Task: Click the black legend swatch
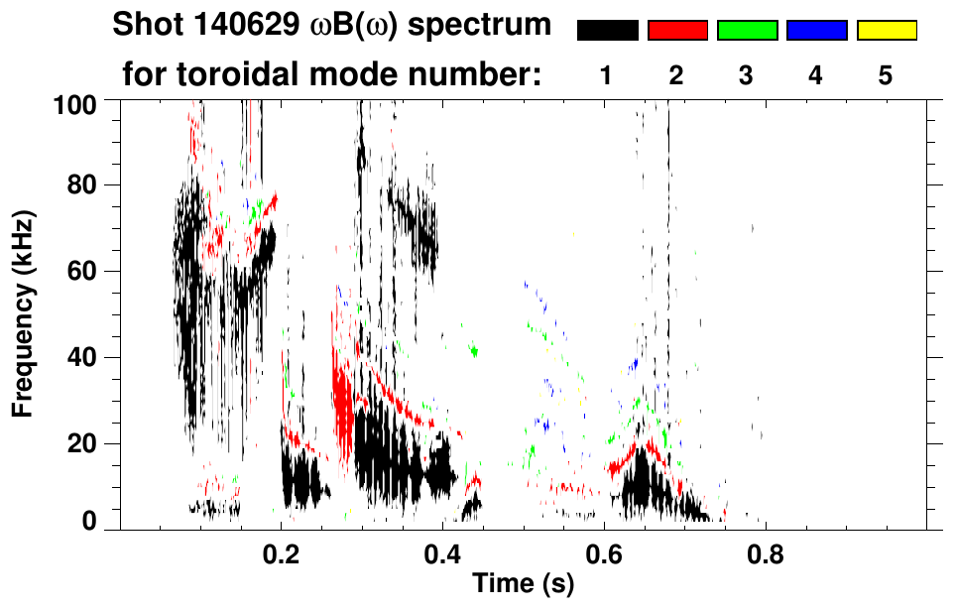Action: pos(607,31)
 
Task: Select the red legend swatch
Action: pos(677,31)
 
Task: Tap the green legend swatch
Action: pos(747,31)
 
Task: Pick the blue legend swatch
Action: pos(816,31)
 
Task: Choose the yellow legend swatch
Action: pos(886,31)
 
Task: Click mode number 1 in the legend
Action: pos(607,75)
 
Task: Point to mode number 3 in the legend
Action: pos(746,75)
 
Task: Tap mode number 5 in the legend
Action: pos(886,75)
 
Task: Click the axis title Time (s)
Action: pos(522,585)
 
